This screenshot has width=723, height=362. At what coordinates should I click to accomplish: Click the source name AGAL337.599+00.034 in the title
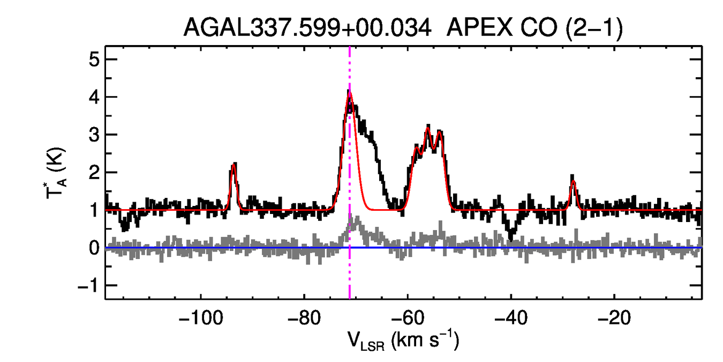pos(307,27)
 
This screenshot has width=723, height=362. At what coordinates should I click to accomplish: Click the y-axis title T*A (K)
pos(57,173)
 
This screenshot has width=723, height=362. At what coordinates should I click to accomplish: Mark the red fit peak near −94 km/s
pos(234,165)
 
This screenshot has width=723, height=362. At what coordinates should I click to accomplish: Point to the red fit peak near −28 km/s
pos(573,181)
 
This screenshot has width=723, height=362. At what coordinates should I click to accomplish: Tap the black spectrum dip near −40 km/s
pos(511,236)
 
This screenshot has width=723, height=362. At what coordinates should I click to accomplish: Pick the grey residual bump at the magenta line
pos(351,221)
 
